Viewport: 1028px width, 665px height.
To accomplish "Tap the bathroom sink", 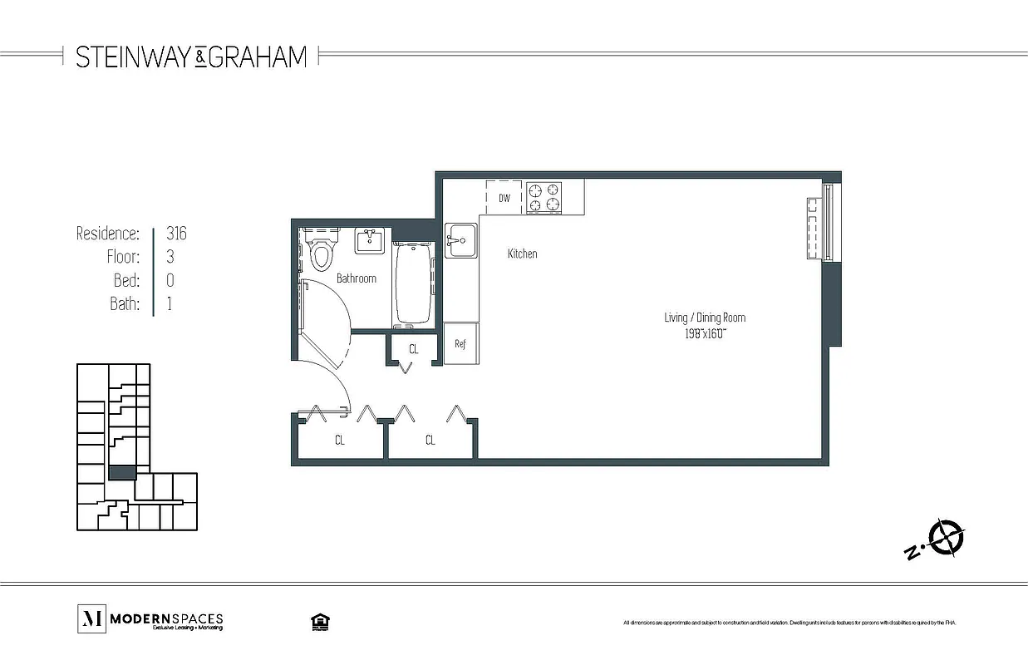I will point(369,241).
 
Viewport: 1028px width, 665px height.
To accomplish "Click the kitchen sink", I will point(460,241).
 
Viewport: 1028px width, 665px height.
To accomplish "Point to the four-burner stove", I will point(544,198).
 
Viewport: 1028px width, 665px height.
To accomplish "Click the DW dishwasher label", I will point(504,199).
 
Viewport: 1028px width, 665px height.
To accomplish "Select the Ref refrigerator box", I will point(460,343).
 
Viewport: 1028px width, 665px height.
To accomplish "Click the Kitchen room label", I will point(522,254).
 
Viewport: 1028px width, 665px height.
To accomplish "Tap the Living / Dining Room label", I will point(705,318).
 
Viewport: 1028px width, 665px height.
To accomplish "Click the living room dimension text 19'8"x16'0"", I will point(705,333).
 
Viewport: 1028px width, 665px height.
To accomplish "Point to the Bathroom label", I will point(356,278).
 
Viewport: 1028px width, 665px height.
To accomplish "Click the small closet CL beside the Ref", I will point(413,349).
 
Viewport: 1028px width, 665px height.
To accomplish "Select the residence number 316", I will point(176,234).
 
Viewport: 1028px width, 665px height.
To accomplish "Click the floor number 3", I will point(170,257).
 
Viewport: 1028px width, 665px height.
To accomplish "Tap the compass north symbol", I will point(946,536).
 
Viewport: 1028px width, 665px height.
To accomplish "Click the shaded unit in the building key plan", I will point(122,472).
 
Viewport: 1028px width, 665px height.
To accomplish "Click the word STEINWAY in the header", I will point(135,57).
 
